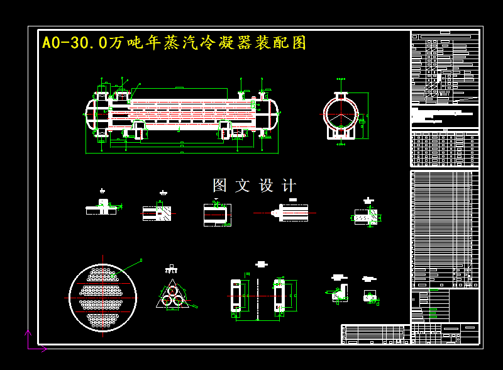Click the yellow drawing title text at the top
(174, 43)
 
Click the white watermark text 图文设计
(254, 186)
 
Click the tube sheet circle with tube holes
(102, 296)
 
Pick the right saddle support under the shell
(225, 129)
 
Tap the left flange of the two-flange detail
(236, 295)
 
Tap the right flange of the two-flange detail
(277, 295)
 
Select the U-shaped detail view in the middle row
(217, 214)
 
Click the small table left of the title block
(375, 334)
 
